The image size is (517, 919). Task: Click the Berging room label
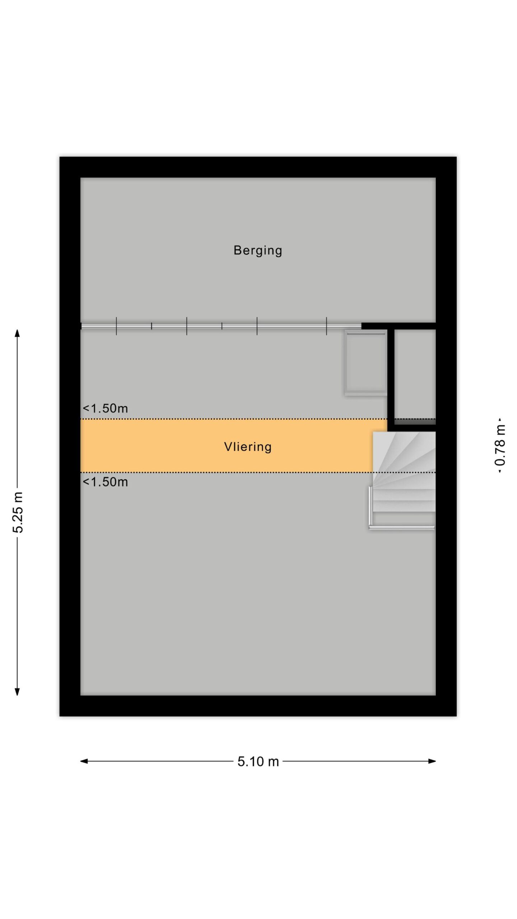(x=258, y=251)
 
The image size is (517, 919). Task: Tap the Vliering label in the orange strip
(x=248, y=447)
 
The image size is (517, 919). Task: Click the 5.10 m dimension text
(x=258, y=761)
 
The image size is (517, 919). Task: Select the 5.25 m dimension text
(x=18, y=512)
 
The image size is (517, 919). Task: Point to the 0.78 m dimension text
(x=500, y=445)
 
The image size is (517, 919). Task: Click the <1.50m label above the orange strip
(x=105, y=409)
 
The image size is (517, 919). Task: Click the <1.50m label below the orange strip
(x=105, y=482)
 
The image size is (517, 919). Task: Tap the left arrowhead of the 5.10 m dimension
(x=84, y=761)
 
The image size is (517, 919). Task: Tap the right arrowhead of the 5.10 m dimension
(x=432, y=761)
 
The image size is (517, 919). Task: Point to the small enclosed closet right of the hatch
(x=415, y=374)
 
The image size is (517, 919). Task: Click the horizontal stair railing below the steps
(x=401, y=528)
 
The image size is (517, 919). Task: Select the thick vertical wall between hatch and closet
(x=391, y=377)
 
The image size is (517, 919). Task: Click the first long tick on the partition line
(x=116, y=326)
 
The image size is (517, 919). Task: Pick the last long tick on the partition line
(x=326, y=326)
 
